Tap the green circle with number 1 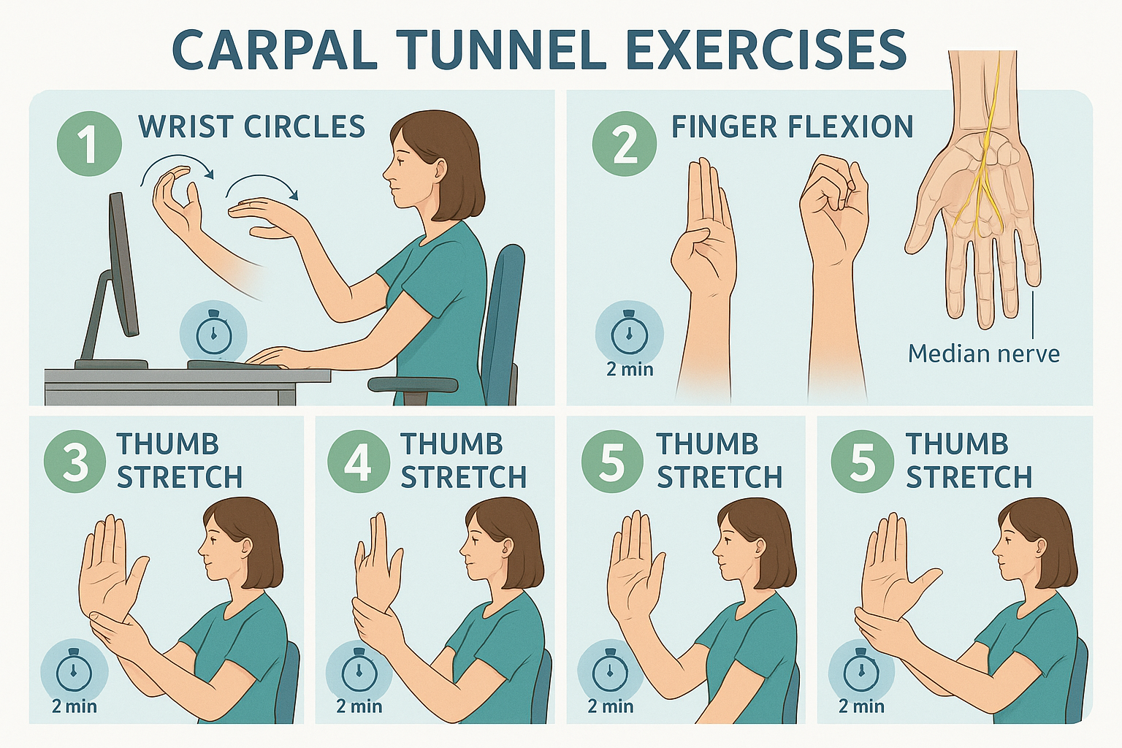click(88, 144)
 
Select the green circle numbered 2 click(624, 144)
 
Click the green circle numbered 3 click(75, 462)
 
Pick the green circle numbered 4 click(358, 462)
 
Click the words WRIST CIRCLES click(251, 127)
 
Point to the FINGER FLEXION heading click(792, 127)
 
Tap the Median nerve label click(983, 354)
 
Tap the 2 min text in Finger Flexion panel click(630, 370)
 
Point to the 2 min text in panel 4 click(359, 706)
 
